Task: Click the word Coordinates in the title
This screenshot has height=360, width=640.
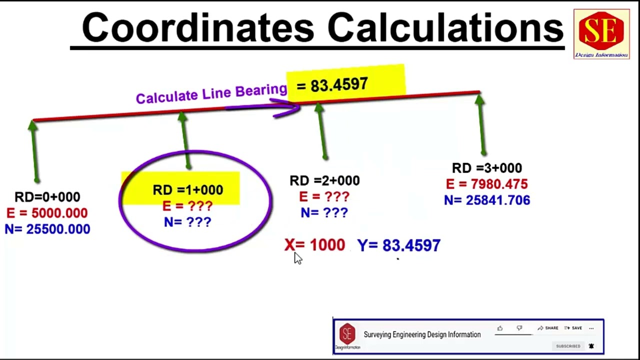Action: point(198,28)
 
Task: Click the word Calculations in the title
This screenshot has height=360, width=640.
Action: point(445,28)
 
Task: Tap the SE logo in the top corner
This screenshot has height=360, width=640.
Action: point(601,33)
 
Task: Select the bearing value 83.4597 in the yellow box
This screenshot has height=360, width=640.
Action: point(339,85)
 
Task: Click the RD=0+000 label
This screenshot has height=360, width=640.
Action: point(47,197)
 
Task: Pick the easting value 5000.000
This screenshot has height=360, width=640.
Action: point(59,213)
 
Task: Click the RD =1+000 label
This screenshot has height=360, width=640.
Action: point(187,190)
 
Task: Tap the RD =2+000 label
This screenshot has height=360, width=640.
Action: point(324,180)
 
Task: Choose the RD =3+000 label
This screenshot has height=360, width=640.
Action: point(486,168)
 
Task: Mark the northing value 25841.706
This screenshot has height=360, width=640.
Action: point(497,200)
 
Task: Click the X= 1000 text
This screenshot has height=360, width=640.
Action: point(314,245)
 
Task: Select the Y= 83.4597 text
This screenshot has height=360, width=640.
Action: point(398,245)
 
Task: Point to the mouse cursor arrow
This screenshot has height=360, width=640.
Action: point(297,258)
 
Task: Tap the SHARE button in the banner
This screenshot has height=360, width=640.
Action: point(548,328)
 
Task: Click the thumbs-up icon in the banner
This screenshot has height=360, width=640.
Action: point(499,328)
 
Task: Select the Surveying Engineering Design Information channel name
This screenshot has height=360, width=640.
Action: point(422,334)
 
